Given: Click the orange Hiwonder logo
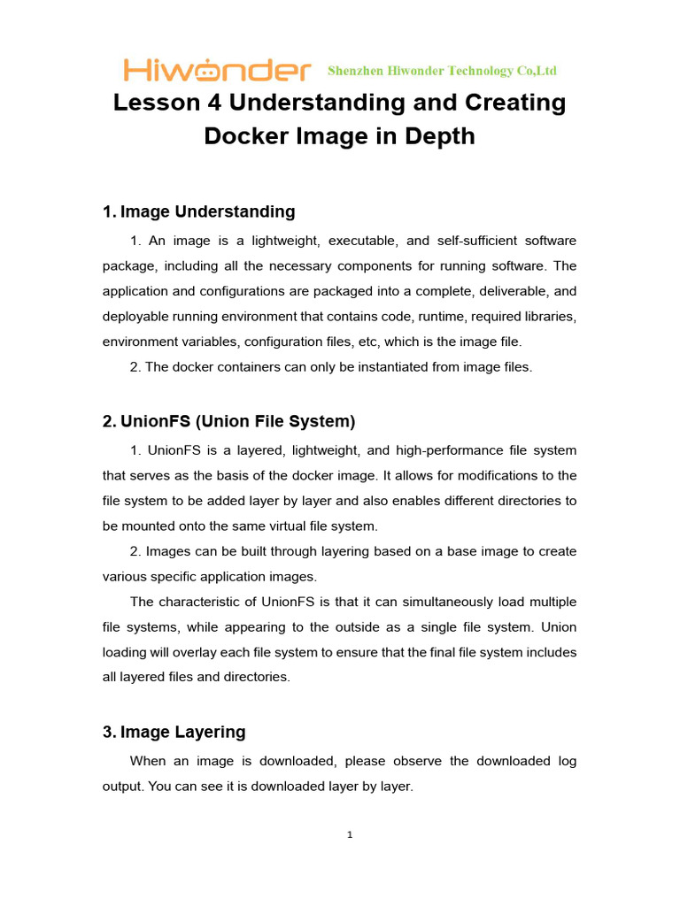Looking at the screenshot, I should click(x=217, y=70).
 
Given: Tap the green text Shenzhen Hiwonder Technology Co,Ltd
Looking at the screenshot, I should click(x=442, y=71).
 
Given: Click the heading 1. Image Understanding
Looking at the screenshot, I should click(x=198, y=211).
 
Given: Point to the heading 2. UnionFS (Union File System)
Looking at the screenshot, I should click(x=228, y=421).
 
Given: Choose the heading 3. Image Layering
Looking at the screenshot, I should click(x=174, y=732).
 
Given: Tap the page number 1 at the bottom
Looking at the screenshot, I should click(x=351, y=834).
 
